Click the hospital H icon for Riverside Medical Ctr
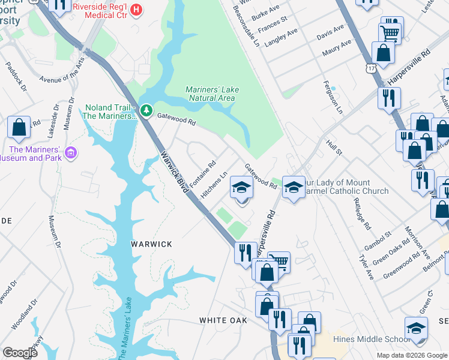[136, 9]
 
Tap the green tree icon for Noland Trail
[146, 110]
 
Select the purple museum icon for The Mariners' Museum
[71, 154]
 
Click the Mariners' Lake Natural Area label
[212, 93]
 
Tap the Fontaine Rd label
[203, 172]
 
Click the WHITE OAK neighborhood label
[223, 320]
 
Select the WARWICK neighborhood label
[152, 244]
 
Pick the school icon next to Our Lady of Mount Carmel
[293, 187]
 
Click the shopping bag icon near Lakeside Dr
[19, 127]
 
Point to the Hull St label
[334, 147]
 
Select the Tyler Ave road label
[366, 270]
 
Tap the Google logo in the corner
[20, 353]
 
